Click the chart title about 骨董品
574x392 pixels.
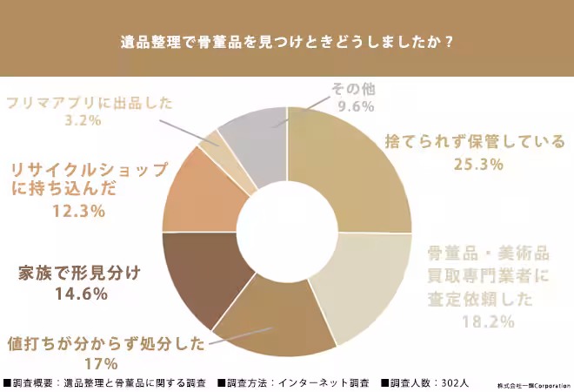287,42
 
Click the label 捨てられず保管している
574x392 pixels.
475,141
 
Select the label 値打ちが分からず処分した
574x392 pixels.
106,342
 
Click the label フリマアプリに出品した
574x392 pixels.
89,102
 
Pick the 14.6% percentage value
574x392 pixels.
79,294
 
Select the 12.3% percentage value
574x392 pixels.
79,211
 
